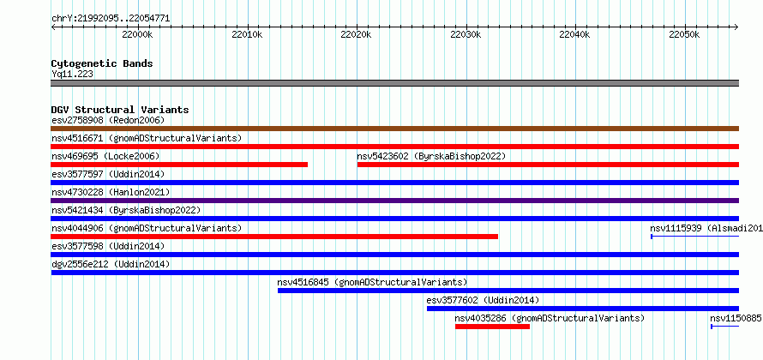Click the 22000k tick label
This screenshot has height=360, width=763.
137,34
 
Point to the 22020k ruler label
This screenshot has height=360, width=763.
356,34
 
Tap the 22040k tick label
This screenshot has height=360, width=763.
574,34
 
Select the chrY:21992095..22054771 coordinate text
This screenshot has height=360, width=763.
111,19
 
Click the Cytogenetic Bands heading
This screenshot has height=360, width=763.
102,63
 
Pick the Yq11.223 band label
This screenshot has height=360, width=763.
73,75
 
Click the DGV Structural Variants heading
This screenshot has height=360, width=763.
120,110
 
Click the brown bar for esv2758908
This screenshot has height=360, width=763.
394,129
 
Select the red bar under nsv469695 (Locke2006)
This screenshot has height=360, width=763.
179,165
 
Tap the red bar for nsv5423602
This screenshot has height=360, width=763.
548,165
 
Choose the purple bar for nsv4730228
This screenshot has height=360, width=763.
394,201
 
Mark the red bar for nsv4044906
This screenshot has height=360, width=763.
274,237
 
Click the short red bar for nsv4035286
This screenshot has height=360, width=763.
492,327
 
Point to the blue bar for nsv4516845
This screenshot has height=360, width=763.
508,291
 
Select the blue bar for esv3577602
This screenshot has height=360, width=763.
582,309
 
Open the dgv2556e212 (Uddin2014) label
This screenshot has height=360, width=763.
111,264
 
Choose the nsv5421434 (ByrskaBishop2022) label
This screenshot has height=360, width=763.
126,210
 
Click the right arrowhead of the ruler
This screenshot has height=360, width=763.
736,27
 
